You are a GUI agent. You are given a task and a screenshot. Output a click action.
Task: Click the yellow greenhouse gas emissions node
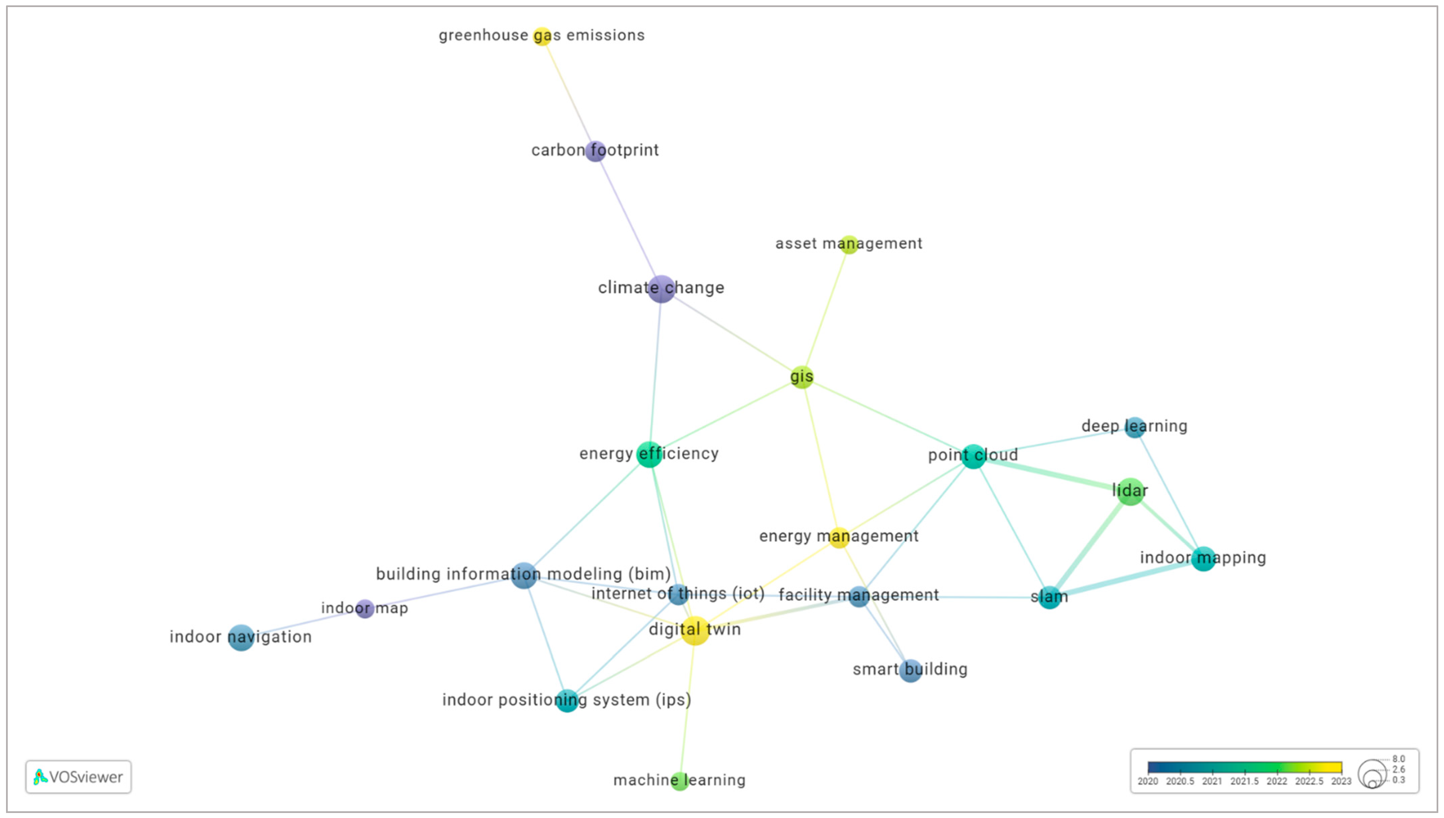[x=541, y=36]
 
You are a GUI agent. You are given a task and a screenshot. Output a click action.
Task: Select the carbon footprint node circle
[x=595, y=151]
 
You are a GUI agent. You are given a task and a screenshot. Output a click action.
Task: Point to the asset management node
[x=849, y=244]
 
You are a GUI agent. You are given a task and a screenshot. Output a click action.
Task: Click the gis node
[x=801, y=377]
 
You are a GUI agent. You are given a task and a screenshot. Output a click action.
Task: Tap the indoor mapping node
[x=1203, y=558]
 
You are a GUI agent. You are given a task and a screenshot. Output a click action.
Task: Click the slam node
[x=1049, y=597]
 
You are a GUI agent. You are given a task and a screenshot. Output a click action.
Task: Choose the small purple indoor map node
[x=365, y=609]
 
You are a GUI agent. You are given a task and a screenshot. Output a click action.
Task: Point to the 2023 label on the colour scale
[x=1341, y=781]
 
